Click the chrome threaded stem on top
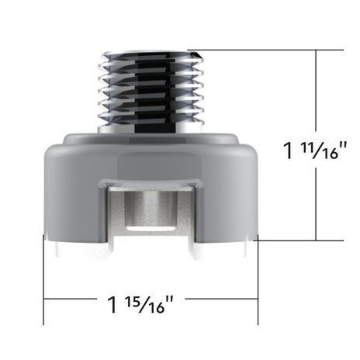(151, 92)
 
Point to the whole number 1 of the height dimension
(289, 151)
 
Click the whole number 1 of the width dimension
(112, 305)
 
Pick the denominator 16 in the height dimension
(330, 154)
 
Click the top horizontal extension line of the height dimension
(265, 50)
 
